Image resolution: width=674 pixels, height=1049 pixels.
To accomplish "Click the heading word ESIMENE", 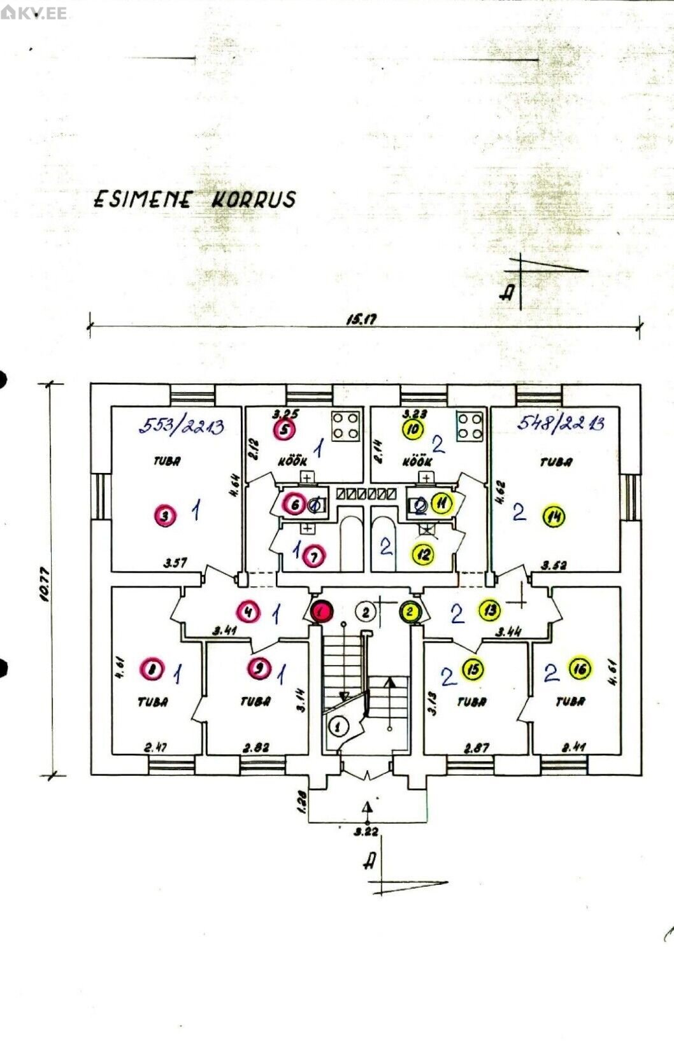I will [x=142, y=199].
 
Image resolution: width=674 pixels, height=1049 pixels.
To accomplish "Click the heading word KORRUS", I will [x=253, y=199].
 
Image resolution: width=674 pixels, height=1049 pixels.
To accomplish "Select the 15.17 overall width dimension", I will [x=361, y=320].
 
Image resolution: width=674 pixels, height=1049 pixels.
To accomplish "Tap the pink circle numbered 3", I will [x=165, y=516].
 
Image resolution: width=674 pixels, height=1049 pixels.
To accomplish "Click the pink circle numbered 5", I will [x=285, y=430].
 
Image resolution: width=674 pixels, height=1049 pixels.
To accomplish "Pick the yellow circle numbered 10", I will [x=414, y=430].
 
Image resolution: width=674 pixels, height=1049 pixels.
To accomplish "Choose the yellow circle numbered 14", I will [x=554, y=517].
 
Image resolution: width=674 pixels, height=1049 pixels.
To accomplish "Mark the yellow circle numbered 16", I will [x=580, y=668].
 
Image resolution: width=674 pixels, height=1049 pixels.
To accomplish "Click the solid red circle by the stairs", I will [x=322, y=612].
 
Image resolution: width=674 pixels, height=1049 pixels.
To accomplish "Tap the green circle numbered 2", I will [x=410, y=612].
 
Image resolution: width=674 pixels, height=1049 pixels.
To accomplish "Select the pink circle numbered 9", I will [x=259, y=668].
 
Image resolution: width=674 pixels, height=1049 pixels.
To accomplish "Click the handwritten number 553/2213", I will [x=182, y=425].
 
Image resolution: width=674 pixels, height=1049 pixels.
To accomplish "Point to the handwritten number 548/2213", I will [x=560, y=423].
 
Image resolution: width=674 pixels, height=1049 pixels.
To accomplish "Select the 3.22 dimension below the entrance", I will [x=366, y=831].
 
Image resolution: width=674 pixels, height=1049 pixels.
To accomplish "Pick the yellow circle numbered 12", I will [x=424, y=554].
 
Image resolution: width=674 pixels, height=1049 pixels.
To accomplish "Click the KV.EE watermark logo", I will [x=34, y=13].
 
